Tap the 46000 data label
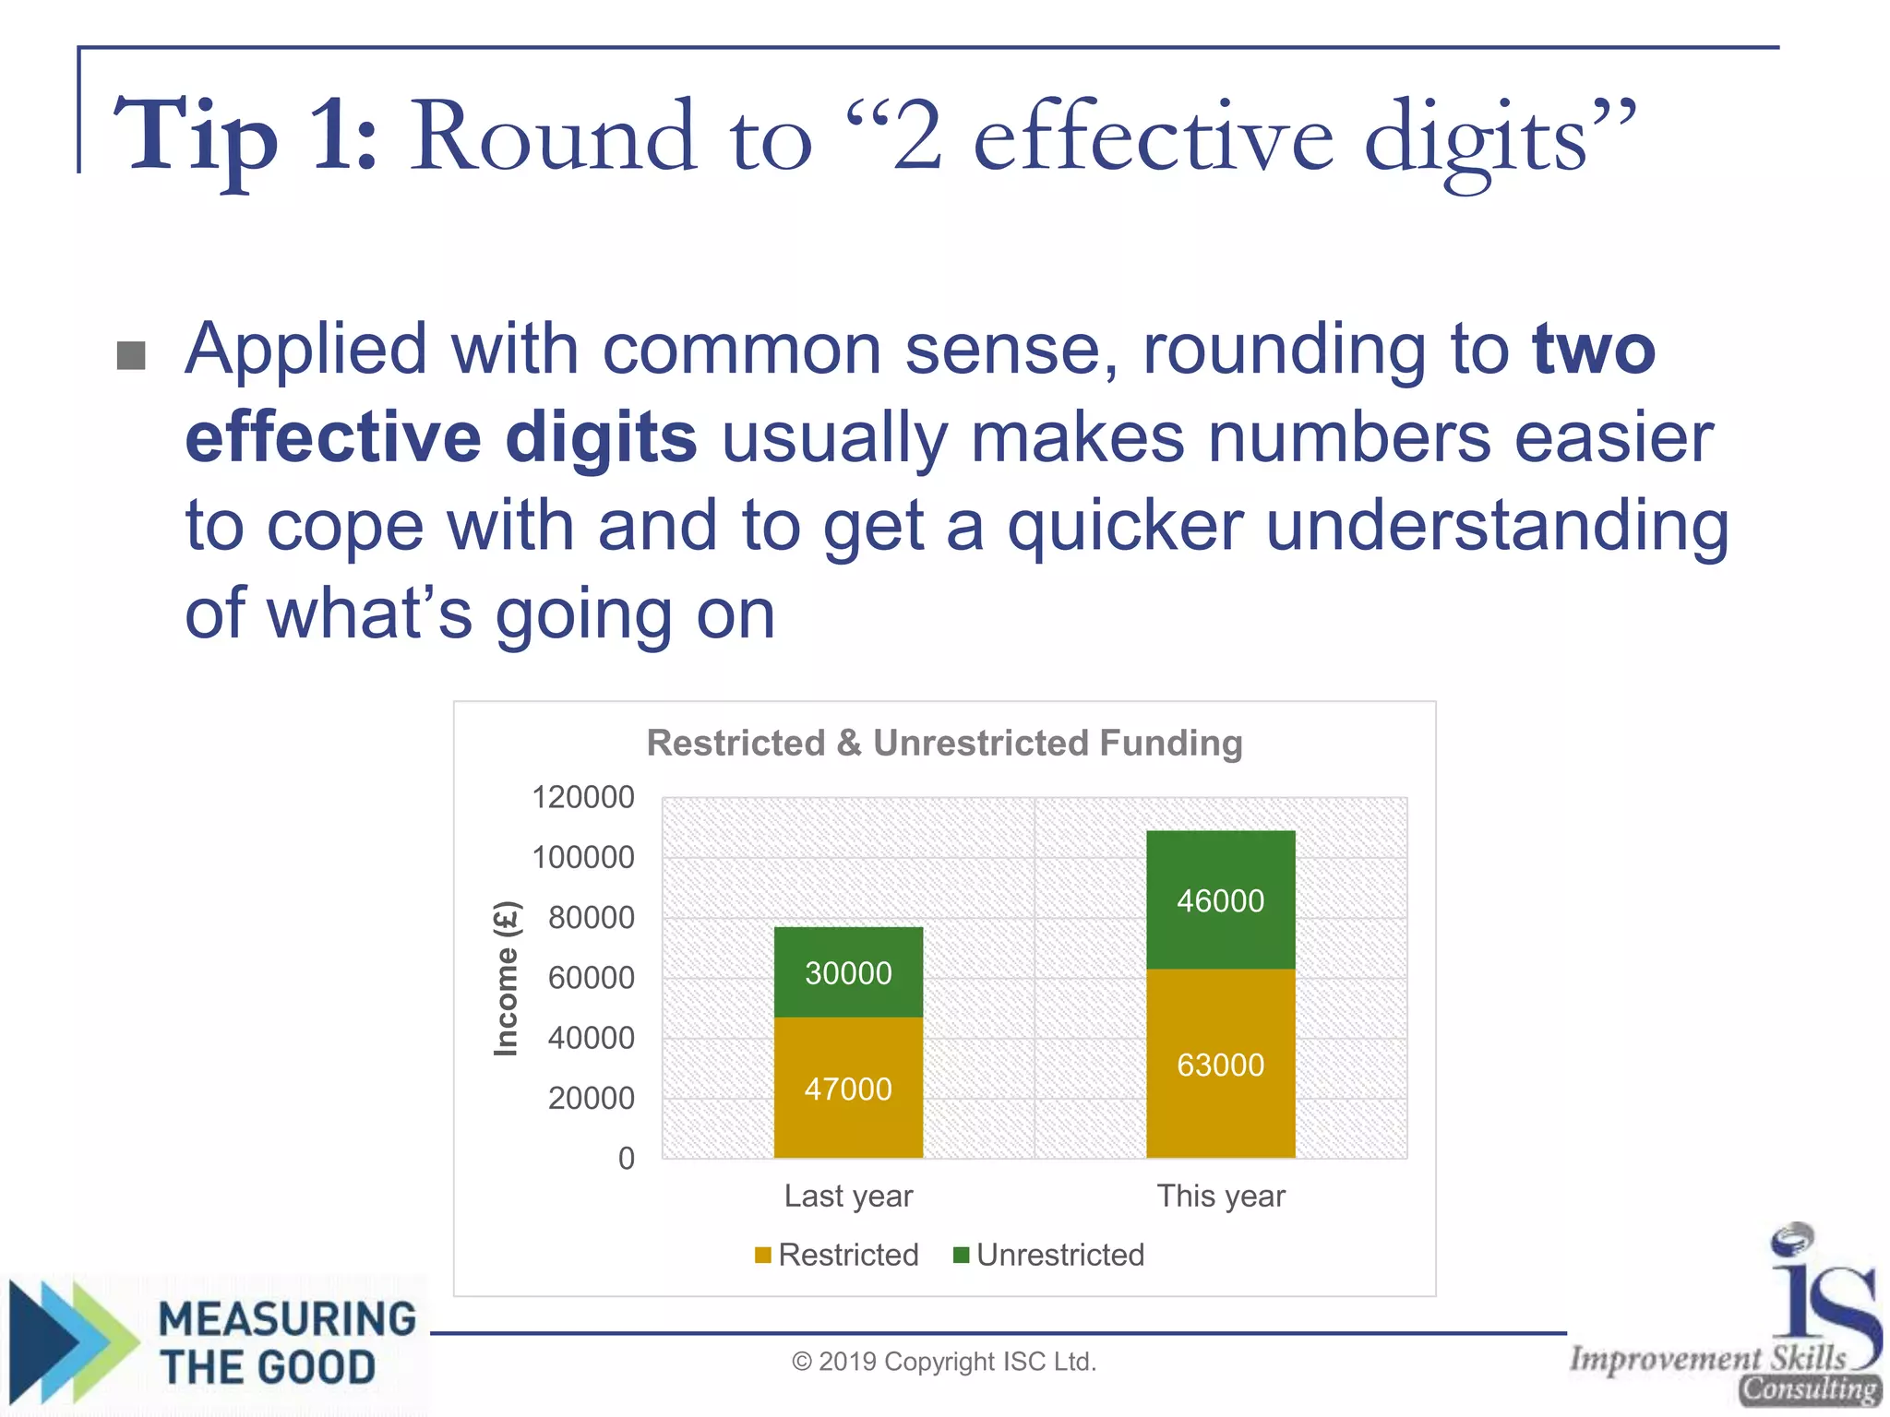pyautogui.click(x=1220, y=900)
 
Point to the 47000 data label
pyautogui.click(x=848, y=1090)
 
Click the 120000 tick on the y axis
pyautogui.click(x=583, y=797)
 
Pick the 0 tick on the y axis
pyautogui.click(x=627, y=1158)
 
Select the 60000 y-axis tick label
pyautogui.click(x=592, y=978)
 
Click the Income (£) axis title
pyautogui.click(x=507, y=978)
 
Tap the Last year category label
pyautogui.click(x=848, y=1196)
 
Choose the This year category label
pyautogui.click(x=1220, y=1196)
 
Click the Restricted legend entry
pyautogui.click(x=837, y=1255)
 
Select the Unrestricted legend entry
pyautogui.click(x=1050, y=1255)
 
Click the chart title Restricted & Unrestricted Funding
pyautogui.click(x=944, y=743)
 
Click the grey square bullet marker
pyautogui.click(x=131, y=355)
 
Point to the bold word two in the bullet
pyautogui.click(x=1594, y=351)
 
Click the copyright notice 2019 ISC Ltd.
pyautogui.click(x=944, y=1362)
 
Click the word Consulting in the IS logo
pyautogui.click(x=1809, y=1389)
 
